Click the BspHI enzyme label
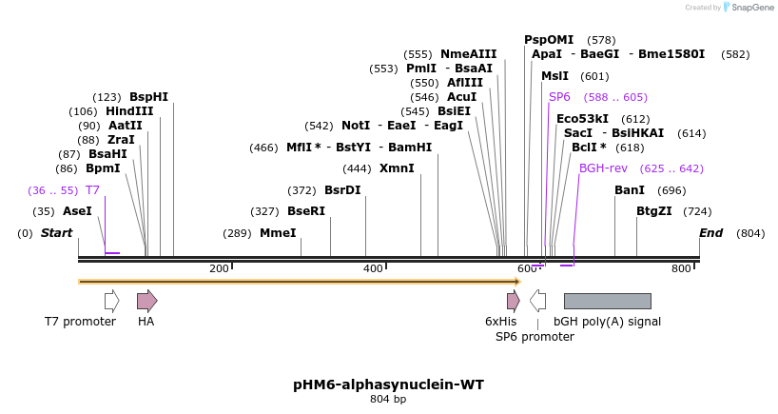(148, 97)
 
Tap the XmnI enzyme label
(397, 168)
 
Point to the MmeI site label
(278, 233)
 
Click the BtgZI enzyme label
(654, 211)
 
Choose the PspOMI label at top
(549, 40)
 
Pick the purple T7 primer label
(92, 190)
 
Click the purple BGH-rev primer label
(603, 168)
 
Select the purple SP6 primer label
(559, 97)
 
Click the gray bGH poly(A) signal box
(607, 301)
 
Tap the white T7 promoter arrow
(112, 301)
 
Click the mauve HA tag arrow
(146, 301)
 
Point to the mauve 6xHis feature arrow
(513, 301)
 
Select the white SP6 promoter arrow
(538, 301)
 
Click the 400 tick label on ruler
(372, 269)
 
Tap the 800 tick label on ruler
(681, 269)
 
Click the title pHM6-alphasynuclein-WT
(388, 384)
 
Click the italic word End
(710, 233)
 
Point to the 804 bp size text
(388, 400)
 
